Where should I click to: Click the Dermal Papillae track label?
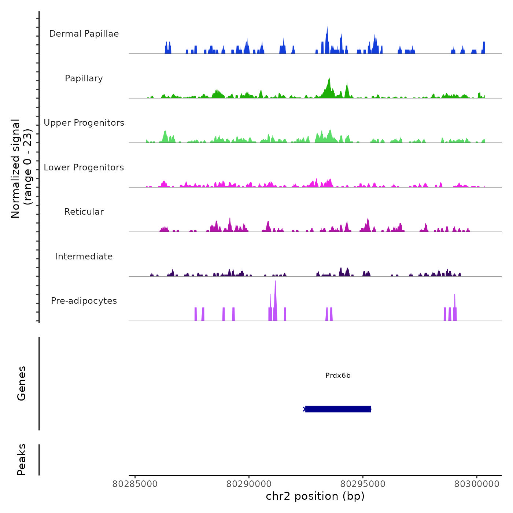84,34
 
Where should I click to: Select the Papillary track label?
84,78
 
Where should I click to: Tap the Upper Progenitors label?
84,123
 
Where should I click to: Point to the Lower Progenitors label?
84,167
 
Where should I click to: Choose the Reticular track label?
84,212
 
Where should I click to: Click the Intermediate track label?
84,256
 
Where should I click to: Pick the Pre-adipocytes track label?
84,301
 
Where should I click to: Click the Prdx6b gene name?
338,376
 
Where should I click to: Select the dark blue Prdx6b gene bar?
338,409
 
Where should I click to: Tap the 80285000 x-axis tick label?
135,484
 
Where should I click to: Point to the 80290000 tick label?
249,484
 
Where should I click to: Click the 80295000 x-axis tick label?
363,484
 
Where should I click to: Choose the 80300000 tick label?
477,484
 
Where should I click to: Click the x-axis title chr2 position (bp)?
315,496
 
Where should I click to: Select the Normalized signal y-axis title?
21,168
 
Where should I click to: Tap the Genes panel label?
21,383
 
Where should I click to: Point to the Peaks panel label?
21,460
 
